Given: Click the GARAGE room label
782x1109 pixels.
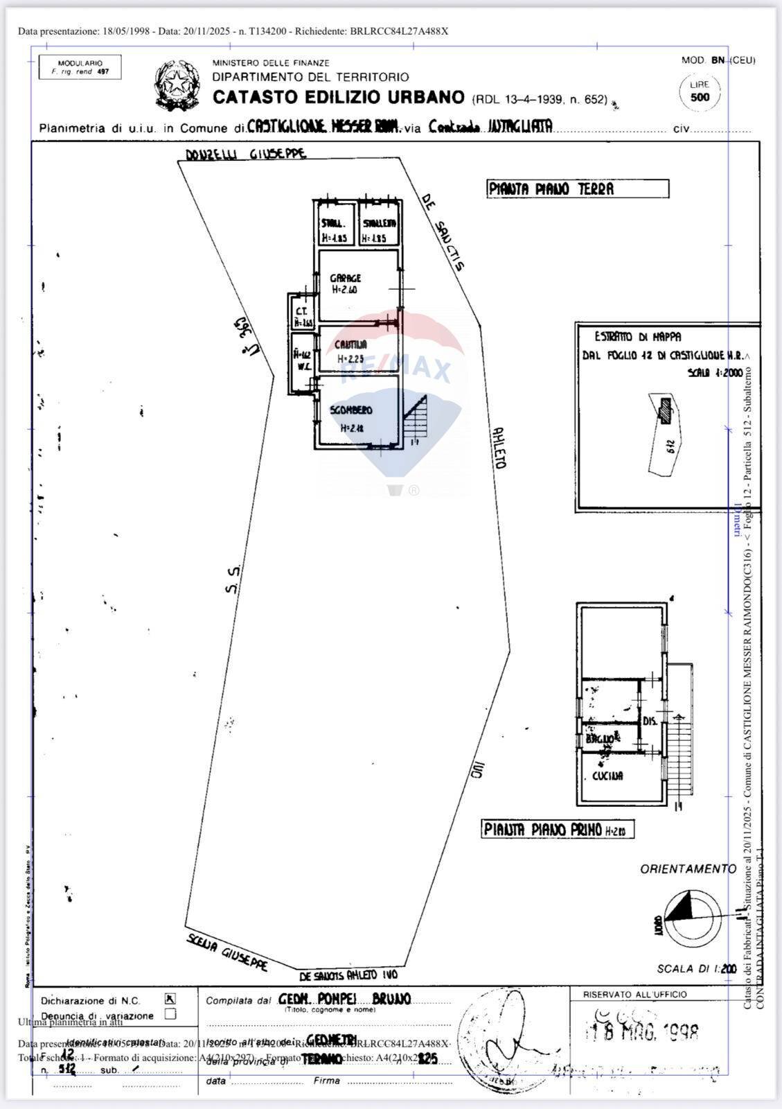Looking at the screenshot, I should pyautogui.click(x=345, y=278).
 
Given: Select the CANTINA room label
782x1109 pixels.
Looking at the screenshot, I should pyautogui.click(x=350, y=344).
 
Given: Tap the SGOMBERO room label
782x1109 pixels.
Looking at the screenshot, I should pyautogui.click(x=351, y=410).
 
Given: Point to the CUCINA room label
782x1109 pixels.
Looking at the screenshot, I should pyautogui.click(x=607, y=776).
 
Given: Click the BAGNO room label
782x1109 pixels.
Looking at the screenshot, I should pyautogui.click(x=599, y=739).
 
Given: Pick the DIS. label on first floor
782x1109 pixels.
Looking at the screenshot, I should pyautogui.click(x=650, y=721).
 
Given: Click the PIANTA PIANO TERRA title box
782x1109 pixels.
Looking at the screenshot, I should pyautogui.click(x=578, y=189).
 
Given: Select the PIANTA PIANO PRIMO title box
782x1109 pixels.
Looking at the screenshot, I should pyautogui.click(x=558, y=830).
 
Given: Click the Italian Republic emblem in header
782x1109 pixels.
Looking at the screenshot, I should pyautogui.click(x=176, y=85).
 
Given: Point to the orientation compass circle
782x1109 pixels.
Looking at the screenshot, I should pyautogui.click(x=692, y=915).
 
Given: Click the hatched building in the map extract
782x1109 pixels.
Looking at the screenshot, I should pyautogui.click(x=666, y=410).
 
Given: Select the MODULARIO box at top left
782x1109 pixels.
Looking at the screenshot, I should pyautogui.click(x=80, y=67).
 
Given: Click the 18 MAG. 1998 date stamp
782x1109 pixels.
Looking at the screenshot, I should pyautogui.click(x=642, y=1032).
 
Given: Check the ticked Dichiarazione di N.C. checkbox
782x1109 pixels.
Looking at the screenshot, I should pyautogui.click(x=170, y=999).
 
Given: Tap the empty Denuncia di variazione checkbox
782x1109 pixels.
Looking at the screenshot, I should pyautogui.click(x=170, y=1014).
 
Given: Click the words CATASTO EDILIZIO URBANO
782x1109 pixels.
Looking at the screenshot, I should pyautogui.click(x=338, y=97).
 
